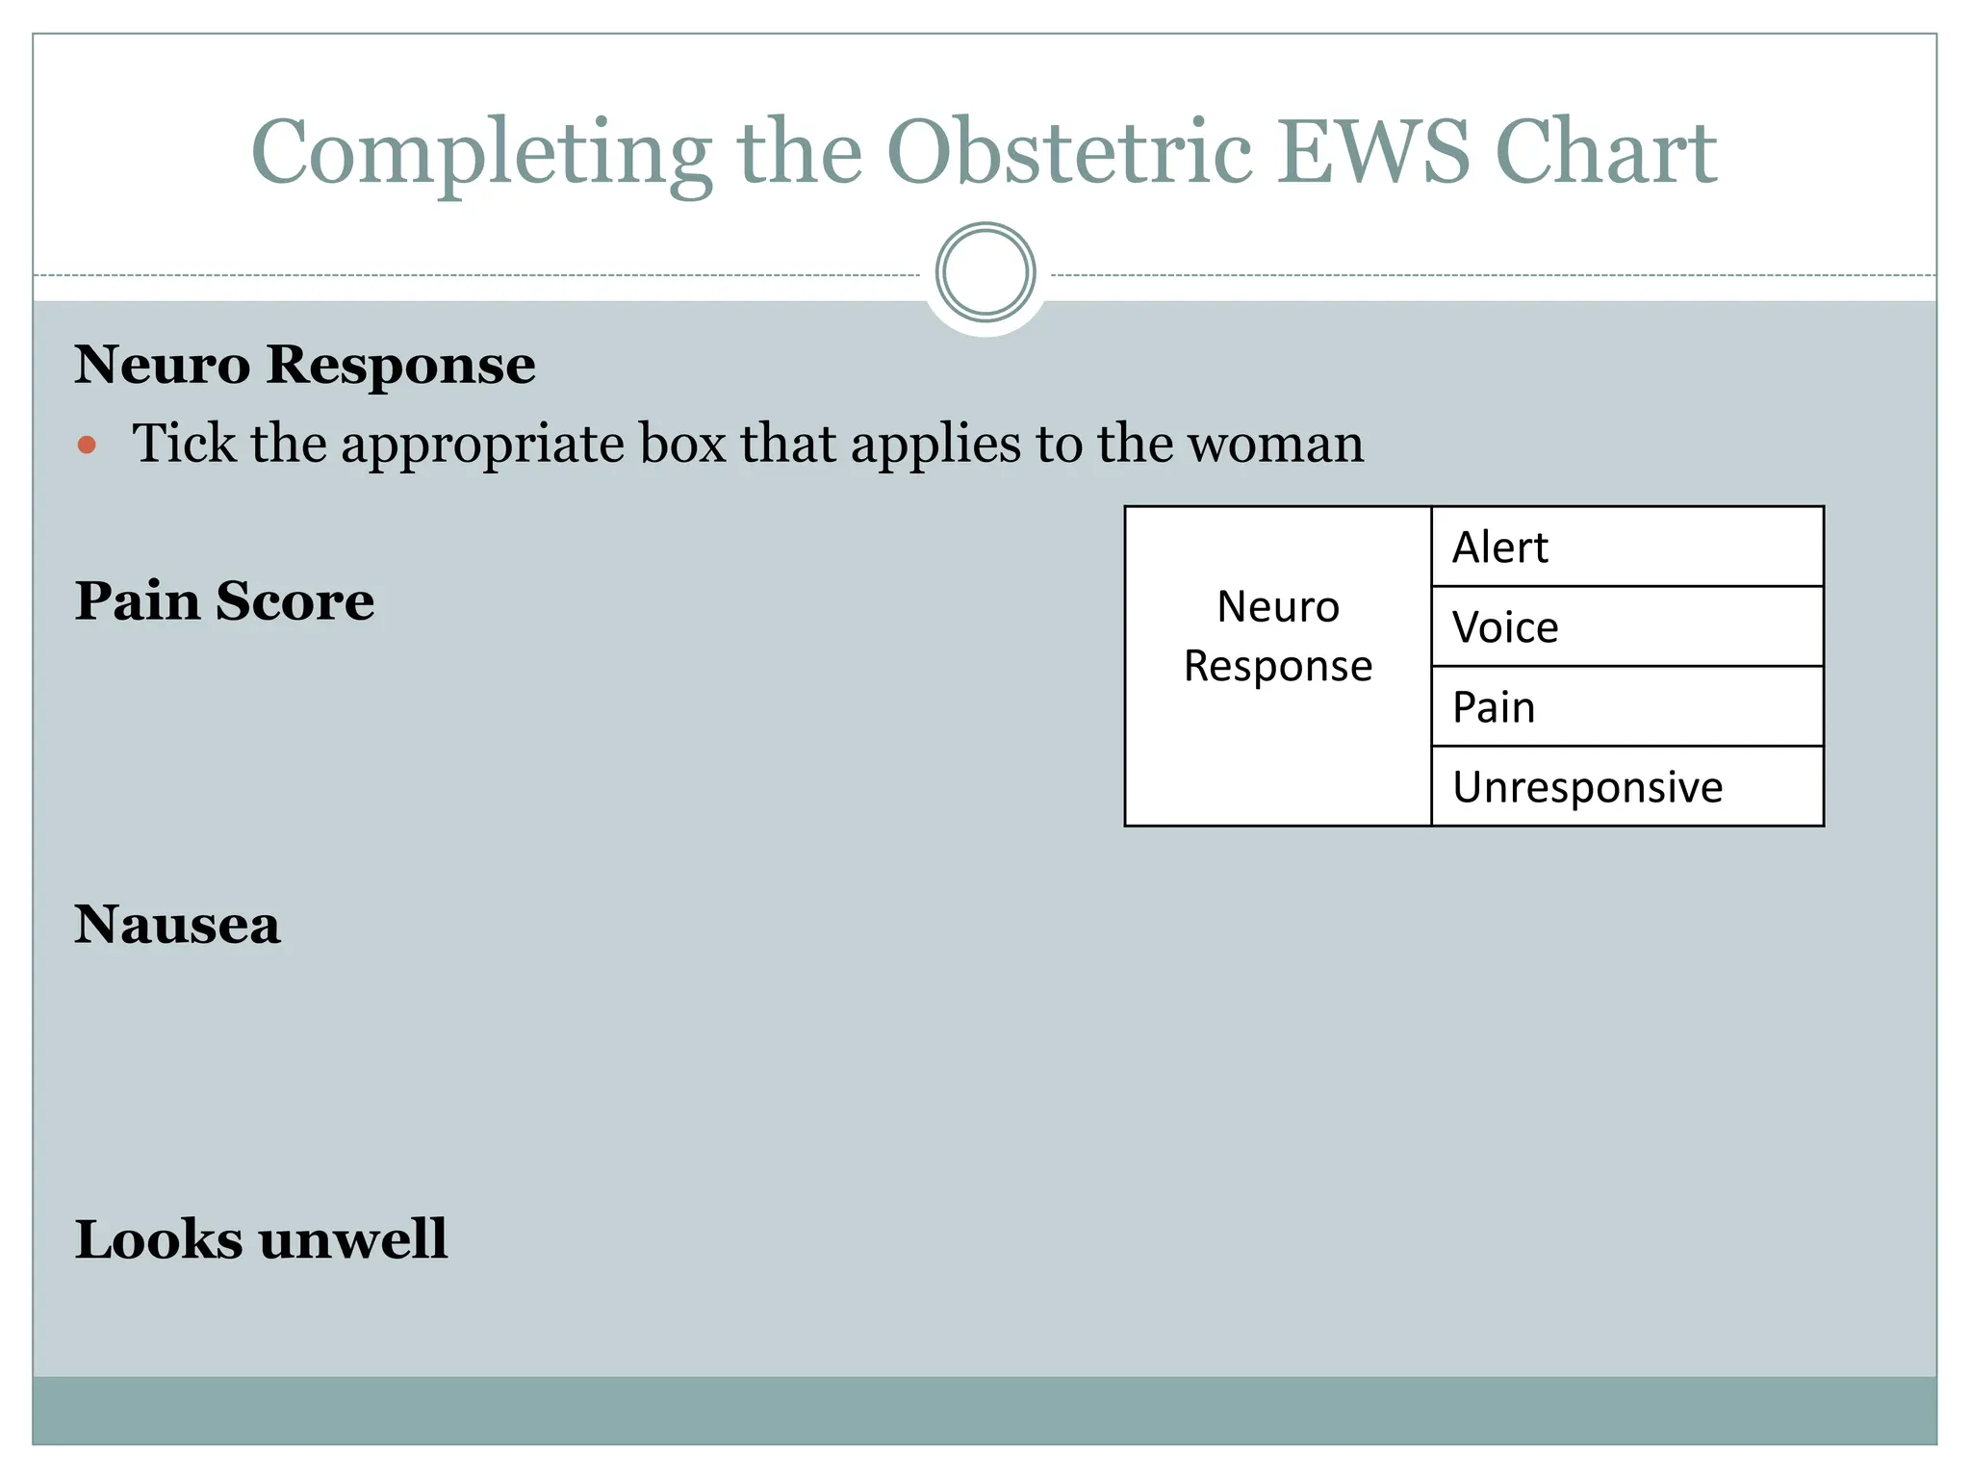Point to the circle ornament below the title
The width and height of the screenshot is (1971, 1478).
[x=985, y=272]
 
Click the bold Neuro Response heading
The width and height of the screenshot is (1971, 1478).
[x=304, y=366]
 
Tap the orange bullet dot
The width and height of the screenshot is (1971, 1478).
[x=88, y=445]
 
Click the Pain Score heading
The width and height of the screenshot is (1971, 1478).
[x=224, y=601]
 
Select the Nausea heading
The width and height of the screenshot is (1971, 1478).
[x=177, y=925]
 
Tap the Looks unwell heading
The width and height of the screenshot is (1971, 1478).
[x=261, y=1239]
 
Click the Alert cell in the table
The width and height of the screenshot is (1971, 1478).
[x=1626, y=548]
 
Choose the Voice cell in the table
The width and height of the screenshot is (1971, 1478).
[x=1626, y=627]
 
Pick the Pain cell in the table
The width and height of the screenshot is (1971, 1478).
[x=1626, y=707]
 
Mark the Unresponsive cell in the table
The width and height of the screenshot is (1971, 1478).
[x=1626, y=787]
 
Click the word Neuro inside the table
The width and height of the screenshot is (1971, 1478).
[x=1277, y=607]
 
